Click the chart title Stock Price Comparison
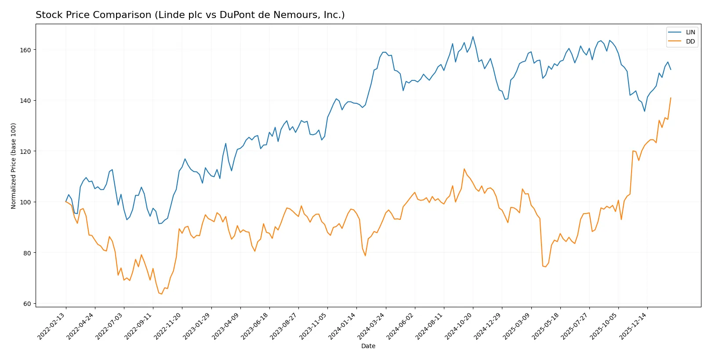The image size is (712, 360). pos(190,15)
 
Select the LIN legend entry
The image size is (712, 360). pos(690,32)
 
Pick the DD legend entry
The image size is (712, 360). pos(690,41)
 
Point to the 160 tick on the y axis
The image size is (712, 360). pos(25,50)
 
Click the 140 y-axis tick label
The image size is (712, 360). pos(25,101)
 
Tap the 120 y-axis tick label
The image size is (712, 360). pos(25,152)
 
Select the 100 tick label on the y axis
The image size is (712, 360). pos(25,202)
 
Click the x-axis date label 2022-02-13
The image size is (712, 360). pos(52,326)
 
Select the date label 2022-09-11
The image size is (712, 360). pos(139,326)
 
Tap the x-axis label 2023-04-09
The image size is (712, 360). pos(226,326)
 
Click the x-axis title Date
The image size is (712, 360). pos(368,346)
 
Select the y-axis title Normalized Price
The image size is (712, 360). pos(14,166)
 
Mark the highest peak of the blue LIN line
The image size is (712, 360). pos(473,36)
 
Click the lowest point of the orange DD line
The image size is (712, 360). pos(162,294)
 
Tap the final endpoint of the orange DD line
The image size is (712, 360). pos(671,98)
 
